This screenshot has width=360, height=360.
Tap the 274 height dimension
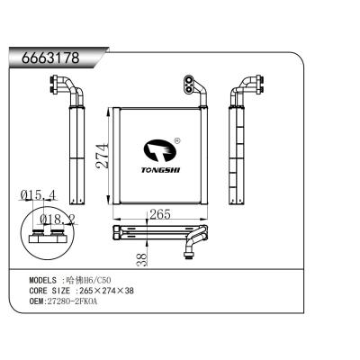(103, 159)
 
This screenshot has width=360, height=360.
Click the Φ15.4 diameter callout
(39, 193)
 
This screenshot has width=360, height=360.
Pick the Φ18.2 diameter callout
(57, 217)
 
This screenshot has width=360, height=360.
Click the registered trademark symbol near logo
(177, 139)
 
